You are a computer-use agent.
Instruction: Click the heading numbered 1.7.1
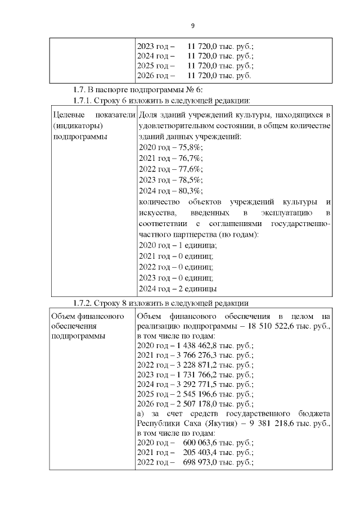(161, 101)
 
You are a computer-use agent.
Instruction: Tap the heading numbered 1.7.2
(161, 304)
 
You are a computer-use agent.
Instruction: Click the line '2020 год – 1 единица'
(177, 245)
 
